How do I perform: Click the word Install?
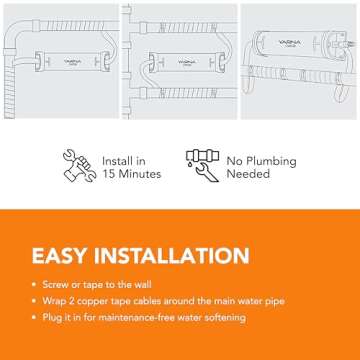click(117, 160)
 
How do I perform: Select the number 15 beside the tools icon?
click(110, 174)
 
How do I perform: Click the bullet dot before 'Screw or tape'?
click(35, 284)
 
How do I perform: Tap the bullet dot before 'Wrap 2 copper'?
click(35, 301)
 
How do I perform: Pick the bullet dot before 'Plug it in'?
click(35, 318)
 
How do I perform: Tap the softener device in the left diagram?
click(73, 62)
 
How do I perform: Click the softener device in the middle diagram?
click(184, 62)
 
